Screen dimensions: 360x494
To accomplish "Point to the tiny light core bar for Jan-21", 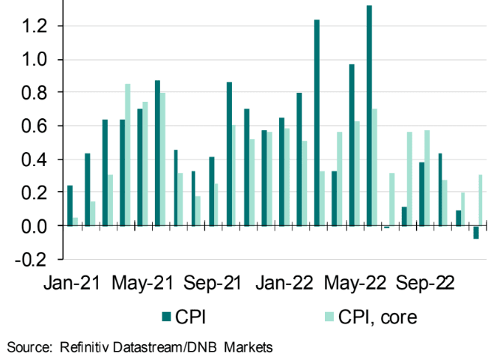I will coord(76,222).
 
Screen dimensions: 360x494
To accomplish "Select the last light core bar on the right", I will coord(480,201).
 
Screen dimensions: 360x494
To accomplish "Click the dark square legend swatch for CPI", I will coord(167,317).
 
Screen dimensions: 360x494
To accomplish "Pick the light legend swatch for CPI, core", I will coord(316,317).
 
